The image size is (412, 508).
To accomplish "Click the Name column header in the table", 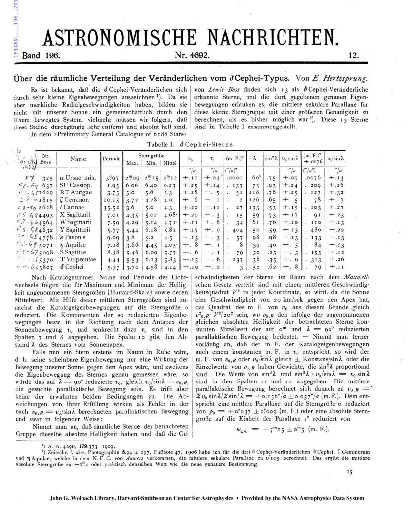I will pyautogui.click(x=78, y=159).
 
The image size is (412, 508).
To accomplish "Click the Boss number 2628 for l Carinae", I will pyautogui.click(x=47, y=208).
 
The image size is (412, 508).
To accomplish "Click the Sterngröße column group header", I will pyautogui.click(x=151, y=155).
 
